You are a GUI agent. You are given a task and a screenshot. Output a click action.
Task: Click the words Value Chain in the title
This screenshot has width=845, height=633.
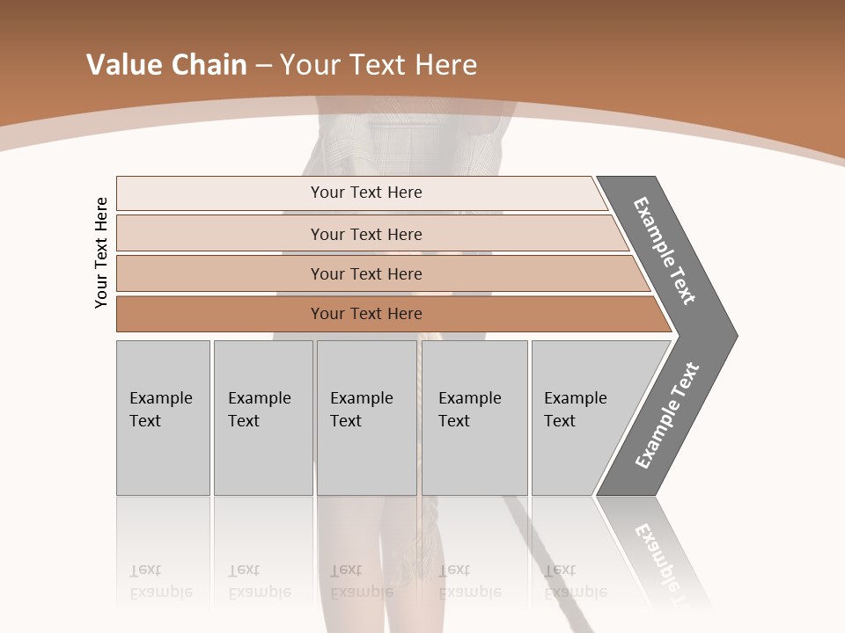(166, 65)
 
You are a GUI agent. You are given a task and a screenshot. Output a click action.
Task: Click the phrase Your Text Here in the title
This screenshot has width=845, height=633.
(378, 65)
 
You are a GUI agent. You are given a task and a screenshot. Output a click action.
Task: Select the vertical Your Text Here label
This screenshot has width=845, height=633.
(101, 253)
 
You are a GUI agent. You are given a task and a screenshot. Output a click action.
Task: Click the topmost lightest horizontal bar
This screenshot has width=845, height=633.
(220, 193)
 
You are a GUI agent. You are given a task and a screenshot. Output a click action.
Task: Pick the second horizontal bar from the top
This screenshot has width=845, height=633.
(220, 234)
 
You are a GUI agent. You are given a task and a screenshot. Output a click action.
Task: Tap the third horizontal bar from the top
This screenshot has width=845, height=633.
(220, 274)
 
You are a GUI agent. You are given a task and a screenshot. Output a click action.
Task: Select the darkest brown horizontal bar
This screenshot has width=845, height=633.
(220, 314)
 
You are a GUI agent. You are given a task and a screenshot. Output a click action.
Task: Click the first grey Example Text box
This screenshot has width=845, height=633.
(163, 418)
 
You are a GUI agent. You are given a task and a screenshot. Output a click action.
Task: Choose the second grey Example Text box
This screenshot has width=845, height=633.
(263, 418)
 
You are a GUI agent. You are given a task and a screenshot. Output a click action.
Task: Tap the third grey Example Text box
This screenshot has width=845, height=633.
(366, 418)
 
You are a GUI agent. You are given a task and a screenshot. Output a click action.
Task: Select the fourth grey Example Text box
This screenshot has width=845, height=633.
(474, 418)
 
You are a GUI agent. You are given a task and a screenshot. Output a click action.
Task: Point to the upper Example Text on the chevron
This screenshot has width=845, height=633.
(665, 251)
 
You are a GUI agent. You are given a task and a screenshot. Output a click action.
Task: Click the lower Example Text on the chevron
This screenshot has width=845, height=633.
(667, 416)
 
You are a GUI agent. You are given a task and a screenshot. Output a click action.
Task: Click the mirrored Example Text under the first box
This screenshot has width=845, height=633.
(160, 581)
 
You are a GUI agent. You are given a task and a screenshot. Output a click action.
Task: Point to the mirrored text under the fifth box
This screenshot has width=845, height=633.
(575, 581)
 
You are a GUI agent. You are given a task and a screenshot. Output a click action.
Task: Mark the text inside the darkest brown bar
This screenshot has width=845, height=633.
(366, 314)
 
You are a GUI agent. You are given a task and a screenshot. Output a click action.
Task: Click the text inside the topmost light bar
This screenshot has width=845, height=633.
(366, 193)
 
